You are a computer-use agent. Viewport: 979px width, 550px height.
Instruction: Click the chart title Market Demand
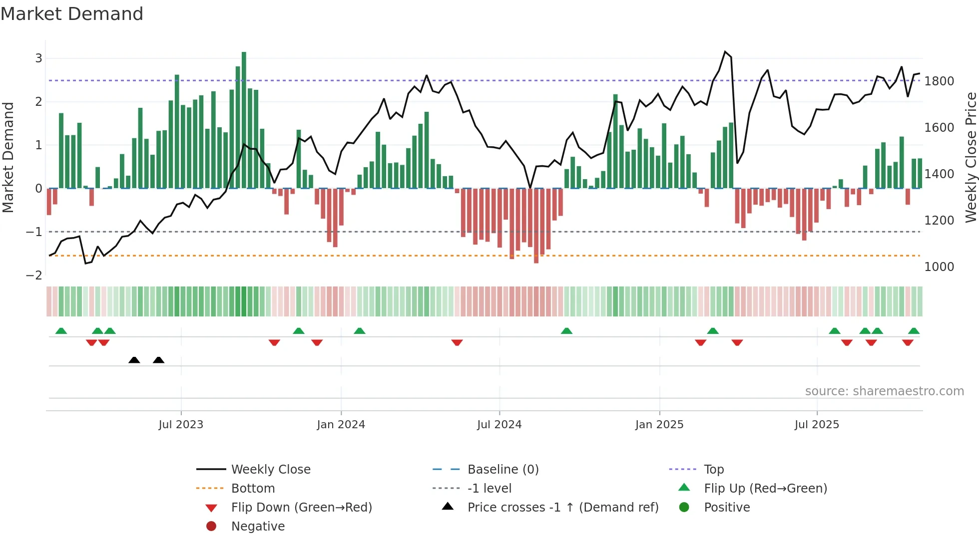click(x=72, y=14)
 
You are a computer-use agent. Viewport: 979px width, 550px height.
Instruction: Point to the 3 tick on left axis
click(x=38, y=58)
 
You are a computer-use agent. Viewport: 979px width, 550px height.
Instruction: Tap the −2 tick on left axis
click(x=34, y=275)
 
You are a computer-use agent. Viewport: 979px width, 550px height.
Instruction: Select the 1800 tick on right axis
click(x=939, y=81)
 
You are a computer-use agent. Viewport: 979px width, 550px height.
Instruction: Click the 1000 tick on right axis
click(x=939, y=267)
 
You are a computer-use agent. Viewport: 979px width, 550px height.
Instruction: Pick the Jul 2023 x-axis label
click(x=181, y=425)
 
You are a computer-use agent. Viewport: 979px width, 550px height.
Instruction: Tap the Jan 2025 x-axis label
click(x=659, y=425)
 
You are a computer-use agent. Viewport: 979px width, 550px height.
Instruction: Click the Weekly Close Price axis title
click(x=971, y=157)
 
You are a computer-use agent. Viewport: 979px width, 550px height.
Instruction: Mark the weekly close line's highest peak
click(x=725, y=52)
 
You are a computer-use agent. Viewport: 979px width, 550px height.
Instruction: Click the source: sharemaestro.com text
click(x=884, y=391)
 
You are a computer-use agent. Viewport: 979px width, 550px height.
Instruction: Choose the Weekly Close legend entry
click(x=271, y=470)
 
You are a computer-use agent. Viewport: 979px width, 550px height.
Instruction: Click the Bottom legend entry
click(x=253, y=489)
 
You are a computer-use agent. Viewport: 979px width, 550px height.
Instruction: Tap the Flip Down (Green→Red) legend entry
click(x=301, y=508)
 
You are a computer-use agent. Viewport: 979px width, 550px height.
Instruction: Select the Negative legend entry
click(x=258, y=527)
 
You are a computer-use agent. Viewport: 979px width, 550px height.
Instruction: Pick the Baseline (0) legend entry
click(x=503, y=470)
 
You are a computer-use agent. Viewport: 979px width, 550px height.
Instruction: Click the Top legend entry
click(x=714, y=470)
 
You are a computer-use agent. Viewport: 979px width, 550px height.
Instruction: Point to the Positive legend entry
click(x=727, y=508)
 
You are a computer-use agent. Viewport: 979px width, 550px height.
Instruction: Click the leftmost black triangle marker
click(x=134, y=360)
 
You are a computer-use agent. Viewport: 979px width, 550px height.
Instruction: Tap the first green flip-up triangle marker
click(x=61, y=331)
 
